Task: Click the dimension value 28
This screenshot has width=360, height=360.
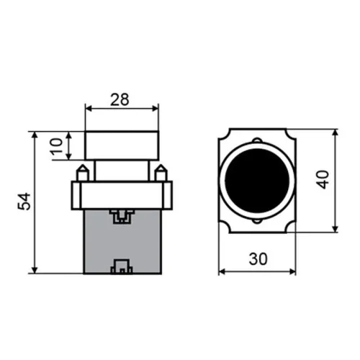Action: coord(121,100)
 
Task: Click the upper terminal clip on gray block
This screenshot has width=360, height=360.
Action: coord(121,214)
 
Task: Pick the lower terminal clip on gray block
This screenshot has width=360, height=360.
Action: coord(121,268)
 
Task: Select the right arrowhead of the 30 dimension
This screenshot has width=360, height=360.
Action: coord(293,271)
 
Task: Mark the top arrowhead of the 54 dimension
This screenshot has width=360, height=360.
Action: coord(35,135)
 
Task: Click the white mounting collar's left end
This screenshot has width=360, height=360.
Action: coord(74,194)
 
